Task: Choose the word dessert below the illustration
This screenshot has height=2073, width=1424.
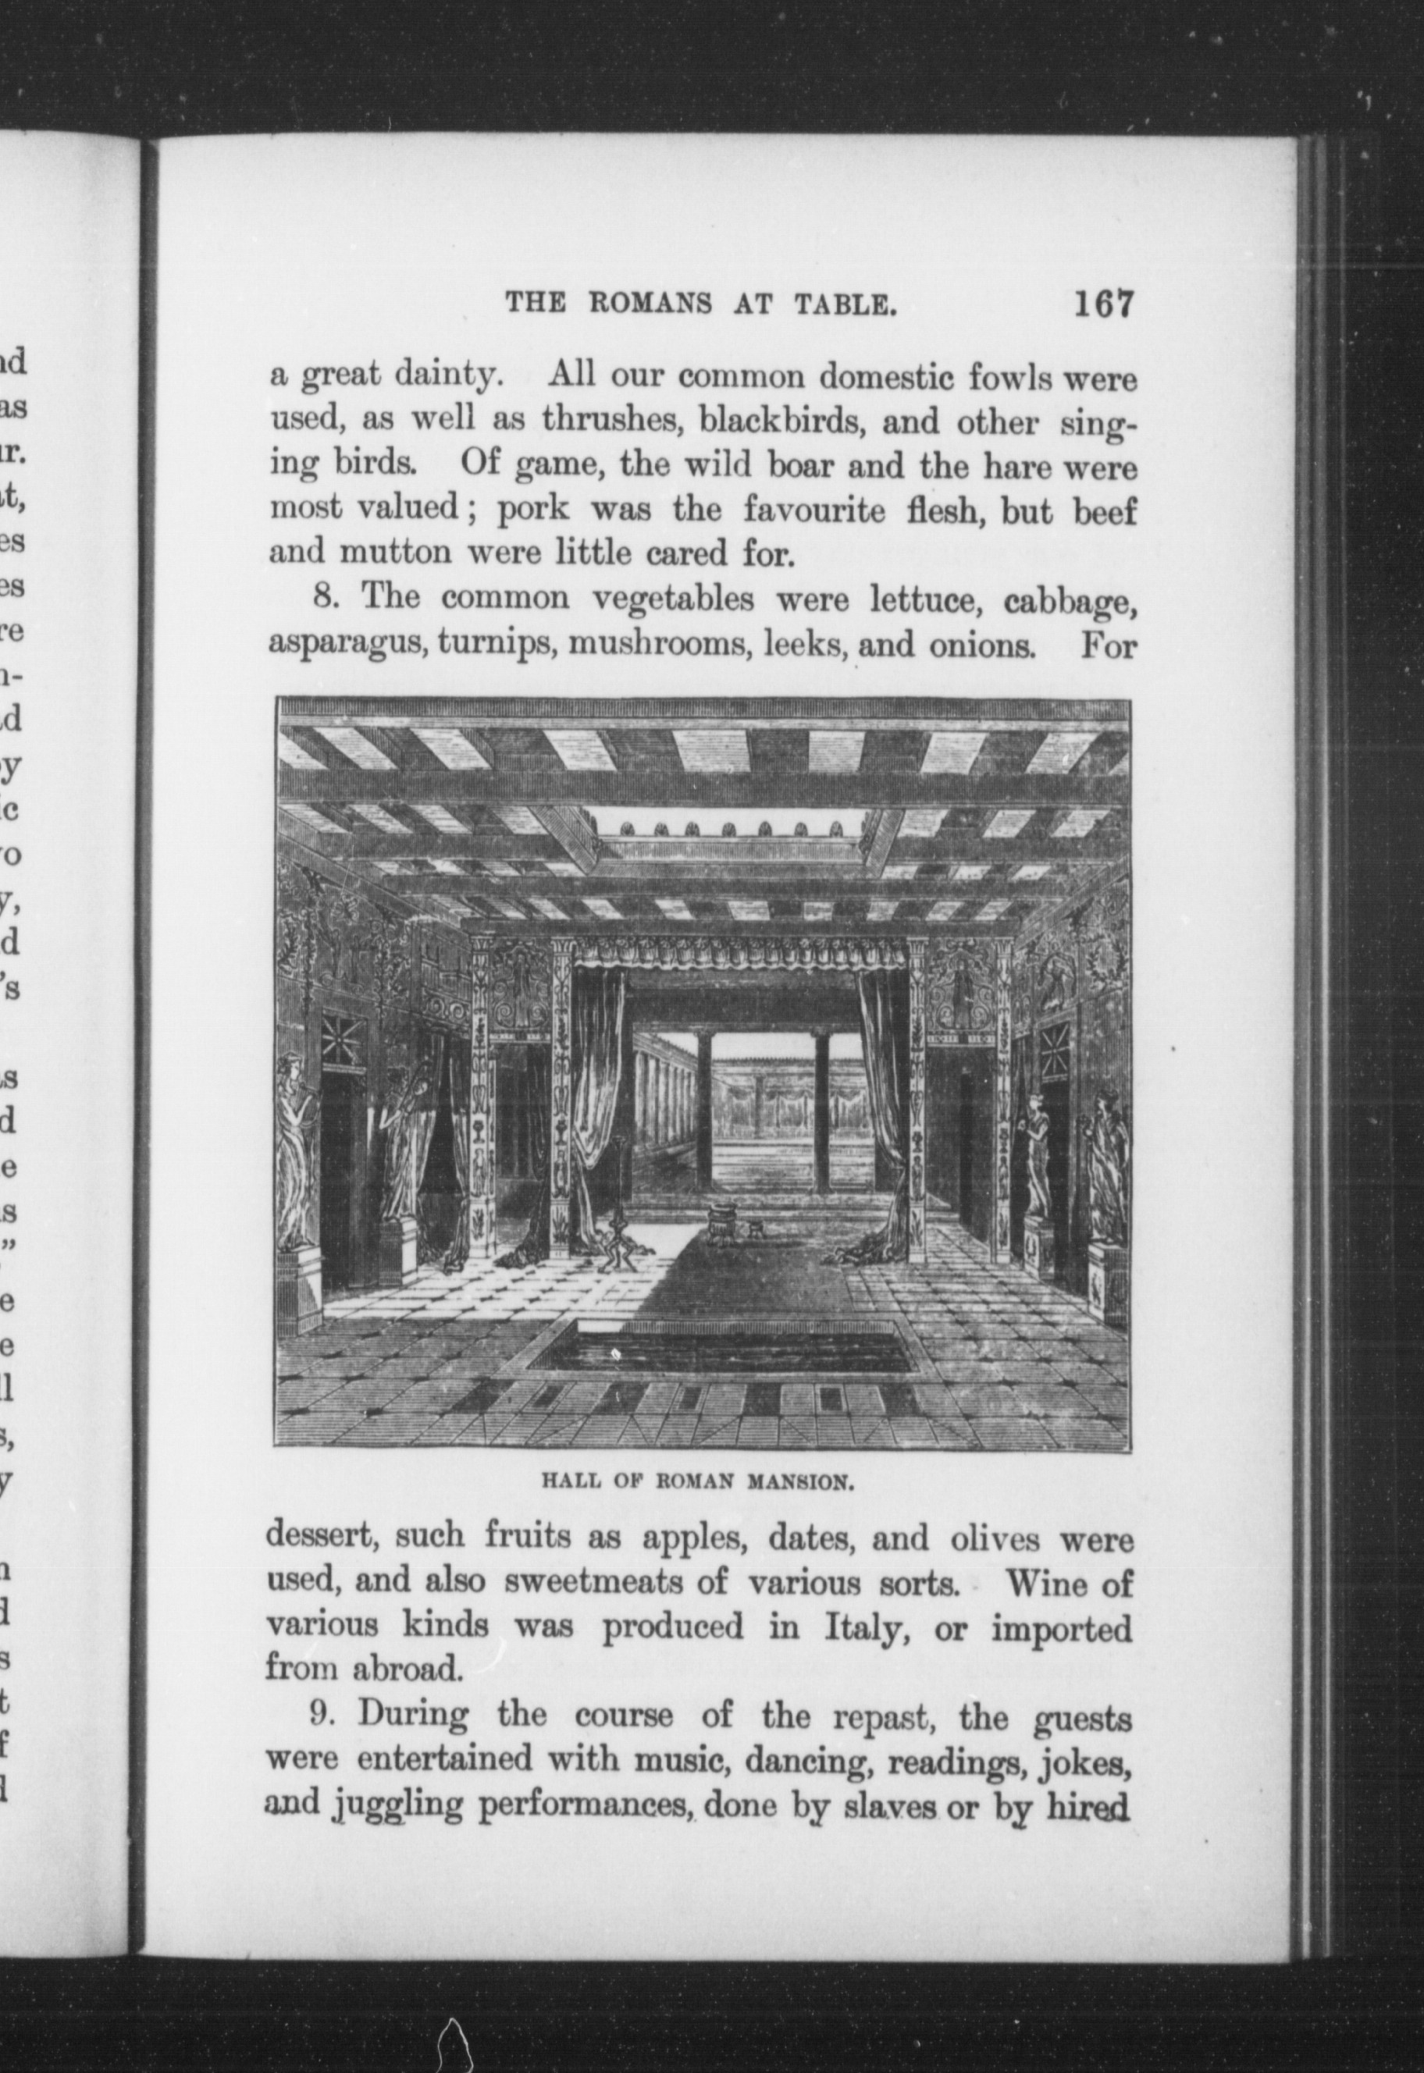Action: [321, 1538]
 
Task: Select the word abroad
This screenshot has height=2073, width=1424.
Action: [408, 1669]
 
